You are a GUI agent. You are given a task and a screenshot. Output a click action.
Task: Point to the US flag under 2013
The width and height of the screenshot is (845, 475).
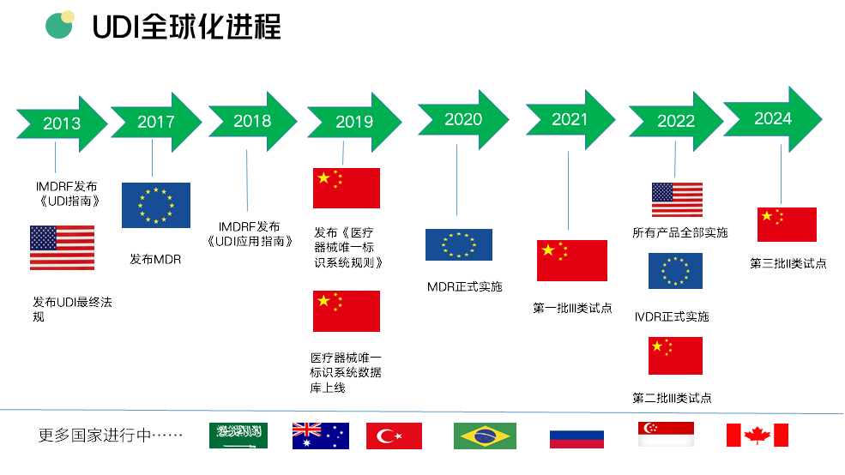tap(62, 248)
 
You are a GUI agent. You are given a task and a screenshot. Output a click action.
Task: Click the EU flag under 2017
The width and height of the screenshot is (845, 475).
tap(155, 205)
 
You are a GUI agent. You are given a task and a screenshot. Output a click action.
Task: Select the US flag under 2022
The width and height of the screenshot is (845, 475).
tap(676, 200)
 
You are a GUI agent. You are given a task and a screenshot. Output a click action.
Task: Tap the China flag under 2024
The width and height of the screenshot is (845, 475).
tap(787, 225)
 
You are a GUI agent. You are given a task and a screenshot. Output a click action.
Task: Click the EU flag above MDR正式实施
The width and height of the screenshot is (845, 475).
tap(459, 244)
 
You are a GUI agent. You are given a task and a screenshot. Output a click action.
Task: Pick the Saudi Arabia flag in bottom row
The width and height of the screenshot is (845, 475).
tap(238, 436)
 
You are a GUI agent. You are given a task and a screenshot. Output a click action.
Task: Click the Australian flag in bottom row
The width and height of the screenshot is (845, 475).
tap(320, 436)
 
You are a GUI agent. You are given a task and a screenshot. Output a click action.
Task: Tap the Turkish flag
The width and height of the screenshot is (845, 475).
tap(394, 436)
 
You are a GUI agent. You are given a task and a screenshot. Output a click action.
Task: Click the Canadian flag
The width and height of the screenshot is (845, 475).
tap(757, 435)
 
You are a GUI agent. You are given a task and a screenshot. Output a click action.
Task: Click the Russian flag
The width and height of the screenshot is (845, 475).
tap(576, 437)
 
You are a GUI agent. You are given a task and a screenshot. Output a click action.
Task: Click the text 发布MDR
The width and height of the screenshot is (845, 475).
tap(155, 259)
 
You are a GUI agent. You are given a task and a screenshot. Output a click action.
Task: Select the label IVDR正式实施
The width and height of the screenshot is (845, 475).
tap(672, 316)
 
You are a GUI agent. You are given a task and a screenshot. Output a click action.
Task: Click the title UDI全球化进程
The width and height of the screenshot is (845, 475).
tap(186, 27)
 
